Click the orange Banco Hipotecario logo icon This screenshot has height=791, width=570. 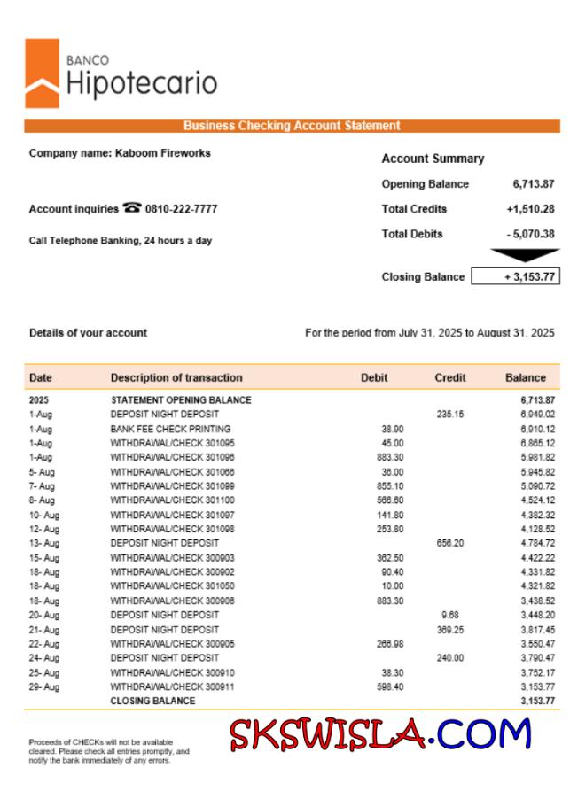42,74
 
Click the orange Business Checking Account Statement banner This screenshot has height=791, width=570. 292,126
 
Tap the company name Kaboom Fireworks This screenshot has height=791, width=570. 120,153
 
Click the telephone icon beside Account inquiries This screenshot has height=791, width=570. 133,208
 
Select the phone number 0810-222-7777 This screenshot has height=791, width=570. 181,209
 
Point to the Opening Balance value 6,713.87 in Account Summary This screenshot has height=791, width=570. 534,184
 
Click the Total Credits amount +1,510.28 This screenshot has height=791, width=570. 530,209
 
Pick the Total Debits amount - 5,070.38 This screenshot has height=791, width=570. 530,234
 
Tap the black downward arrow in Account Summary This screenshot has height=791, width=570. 525,256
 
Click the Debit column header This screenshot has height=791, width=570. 374,377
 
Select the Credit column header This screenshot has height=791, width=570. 450,377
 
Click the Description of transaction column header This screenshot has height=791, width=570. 176,377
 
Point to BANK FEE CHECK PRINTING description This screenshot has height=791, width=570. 170,429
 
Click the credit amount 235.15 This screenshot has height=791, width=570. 449,415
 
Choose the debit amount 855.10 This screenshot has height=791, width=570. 390,486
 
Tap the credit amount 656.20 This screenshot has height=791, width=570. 449,543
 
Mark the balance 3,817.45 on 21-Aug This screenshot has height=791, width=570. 537,629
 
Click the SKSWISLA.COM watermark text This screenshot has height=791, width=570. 380,734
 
